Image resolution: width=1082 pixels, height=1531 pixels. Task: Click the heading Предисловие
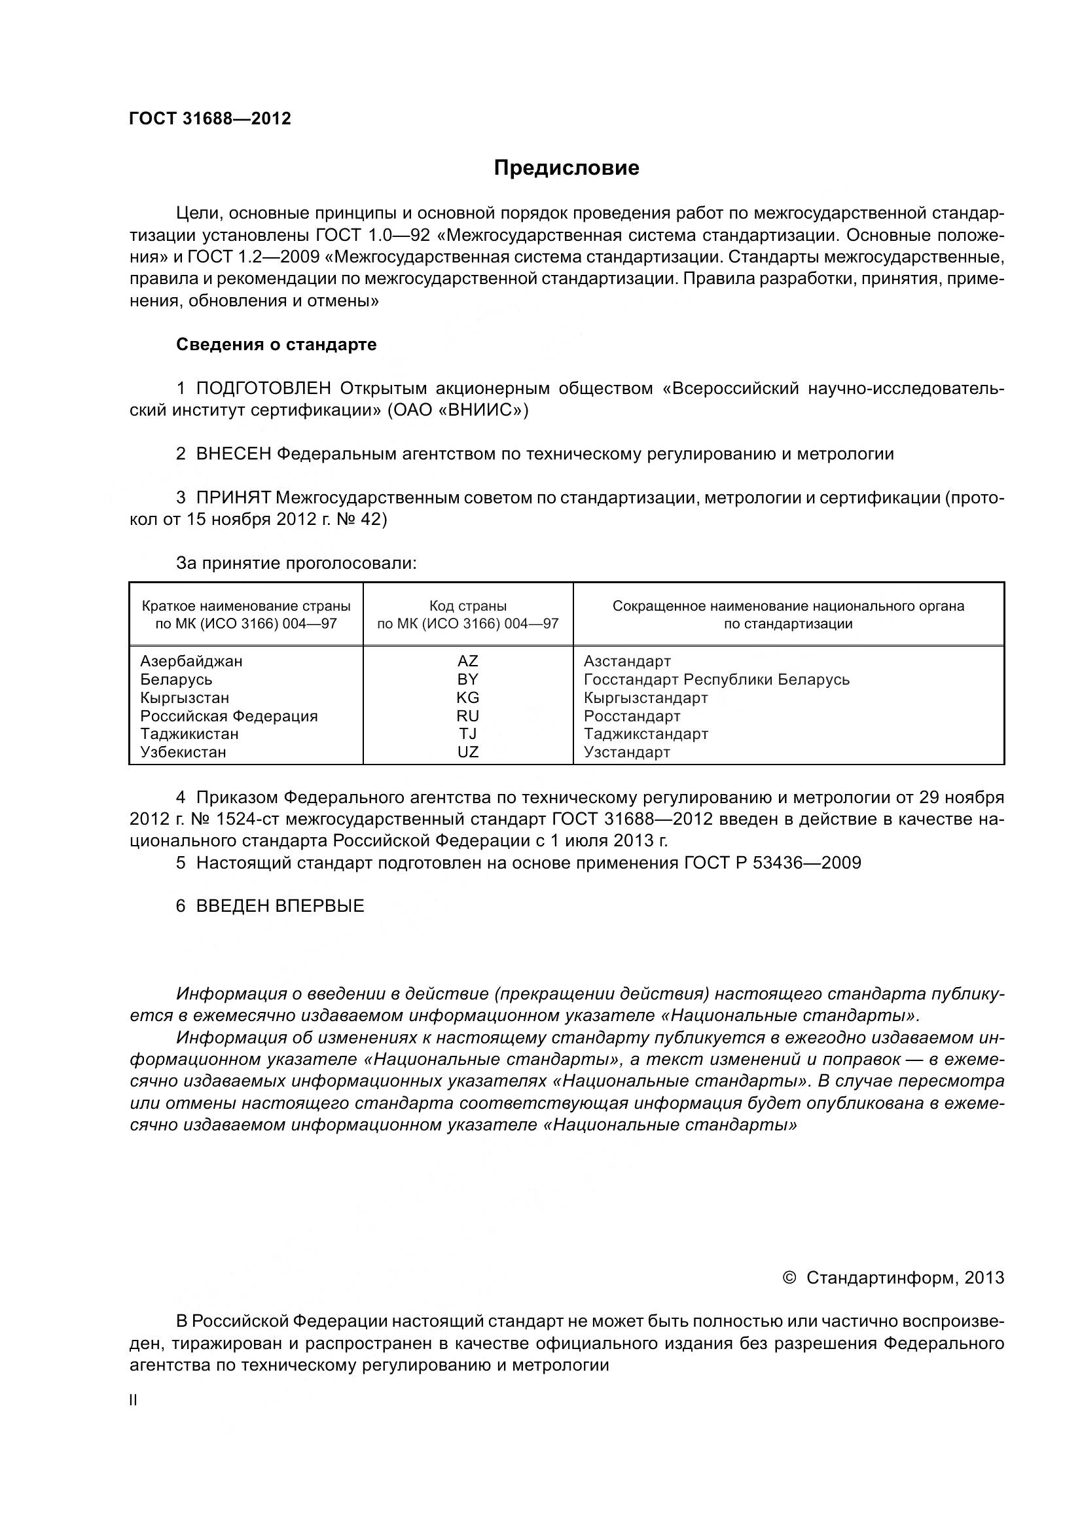click(566, 168)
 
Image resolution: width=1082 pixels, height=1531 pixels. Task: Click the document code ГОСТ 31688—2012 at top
click(210, 118)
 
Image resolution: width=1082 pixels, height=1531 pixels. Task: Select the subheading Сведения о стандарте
click(276, 345)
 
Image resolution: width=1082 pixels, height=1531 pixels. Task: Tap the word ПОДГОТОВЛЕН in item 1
click(263, 389)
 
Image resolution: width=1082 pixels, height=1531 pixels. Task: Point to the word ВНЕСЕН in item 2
click(233, 455)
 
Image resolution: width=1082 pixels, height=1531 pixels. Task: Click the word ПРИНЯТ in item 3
click(232, 498)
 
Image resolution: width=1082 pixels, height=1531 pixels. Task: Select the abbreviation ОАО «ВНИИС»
click(458, 410)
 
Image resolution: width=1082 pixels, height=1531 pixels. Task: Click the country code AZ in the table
click(467, 662)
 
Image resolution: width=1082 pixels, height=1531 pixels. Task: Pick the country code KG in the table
click(467, 698)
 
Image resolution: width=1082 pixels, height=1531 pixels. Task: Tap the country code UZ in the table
click(467, 752)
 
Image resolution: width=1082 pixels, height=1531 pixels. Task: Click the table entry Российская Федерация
click(228, 716)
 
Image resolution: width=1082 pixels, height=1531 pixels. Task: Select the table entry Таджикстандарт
click(645, 734)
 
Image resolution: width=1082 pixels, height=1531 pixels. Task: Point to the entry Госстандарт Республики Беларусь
click(716, 680)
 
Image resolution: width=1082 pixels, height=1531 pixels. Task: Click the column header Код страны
click(467, 606)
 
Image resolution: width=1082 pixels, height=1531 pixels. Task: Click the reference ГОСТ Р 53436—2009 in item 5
click(772, 863)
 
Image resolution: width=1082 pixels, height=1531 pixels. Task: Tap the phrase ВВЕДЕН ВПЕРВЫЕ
click(280, 906)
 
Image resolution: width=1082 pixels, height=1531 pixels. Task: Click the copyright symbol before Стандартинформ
click(789, 1278)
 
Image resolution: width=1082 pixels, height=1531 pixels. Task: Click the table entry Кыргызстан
click(185, 698)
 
